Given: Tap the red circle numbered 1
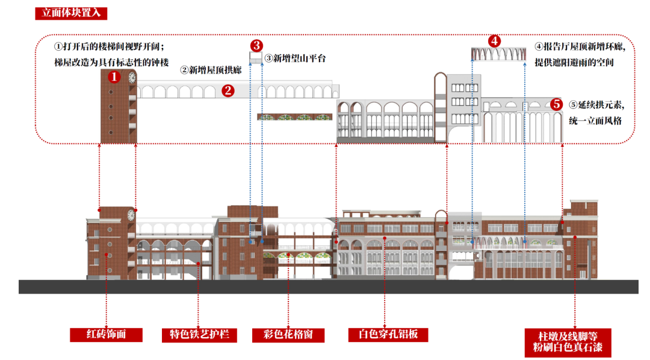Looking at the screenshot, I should [114, 77].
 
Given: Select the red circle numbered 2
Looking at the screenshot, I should [227, 91].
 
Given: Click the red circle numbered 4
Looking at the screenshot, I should [494, 41].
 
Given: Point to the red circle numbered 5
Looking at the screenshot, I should [557, 104].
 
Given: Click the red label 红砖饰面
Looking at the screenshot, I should [106, 334].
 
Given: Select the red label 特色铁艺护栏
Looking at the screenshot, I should [199, 335].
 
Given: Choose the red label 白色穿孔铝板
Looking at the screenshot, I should [388, 335].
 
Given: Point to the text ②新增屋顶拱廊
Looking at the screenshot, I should [211, 70].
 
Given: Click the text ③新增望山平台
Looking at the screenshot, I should [295, 58].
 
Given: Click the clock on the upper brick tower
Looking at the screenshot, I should [132, 77].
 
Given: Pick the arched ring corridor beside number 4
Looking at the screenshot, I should [497, 55].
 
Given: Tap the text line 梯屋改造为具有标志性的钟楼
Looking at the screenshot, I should [111, 62].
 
